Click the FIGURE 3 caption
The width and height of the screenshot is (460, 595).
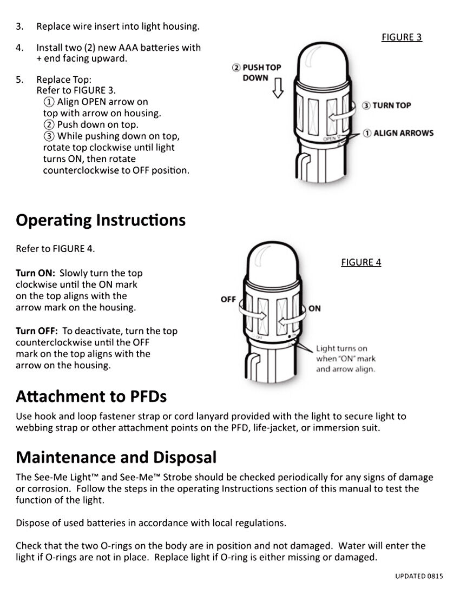coord(402,37)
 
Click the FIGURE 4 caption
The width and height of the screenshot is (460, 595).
coord(361,262)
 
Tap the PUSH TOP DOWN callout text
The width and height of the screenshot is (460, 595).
coord(257,72)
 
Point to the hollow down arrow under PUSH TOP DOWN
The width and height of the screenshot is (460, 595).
coord(278,88)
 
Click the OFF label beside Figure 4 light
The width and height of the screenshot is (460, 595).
coord(228,300)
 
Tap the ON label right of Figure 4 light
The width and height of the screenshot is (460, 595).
coord(314,308)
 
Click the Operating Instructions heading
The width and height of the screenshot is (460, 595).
coord(101,220)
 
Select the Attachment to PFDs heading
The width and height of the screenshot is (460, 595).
coord(91,396)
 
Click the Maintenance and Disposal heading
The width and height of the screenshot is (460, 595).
coord(116,458)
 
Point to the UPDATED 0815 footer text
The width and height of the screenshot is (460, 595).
coord(419,576)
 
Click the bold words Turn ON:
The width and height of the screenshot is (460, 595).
coord(36,273)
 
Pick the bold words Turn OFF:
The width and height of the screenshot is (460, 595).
coord(37,331)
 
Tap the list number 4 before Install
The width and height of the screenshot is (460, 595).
coord(19,48)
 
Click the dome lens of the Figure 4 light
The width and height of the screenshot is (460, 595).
coord(271,262)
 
